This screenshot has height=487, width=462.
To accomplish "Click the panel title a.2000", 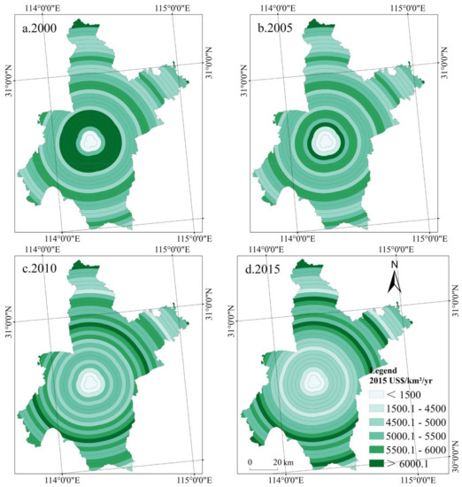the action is pyautogui.click(x=40, y=28).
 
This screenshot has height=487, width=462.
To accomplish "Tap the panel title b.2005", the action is pyautogui.click(x=275, y=28).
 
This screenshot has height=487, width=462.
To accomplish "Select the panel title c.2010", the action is pyautogui.click(x=40, y=268).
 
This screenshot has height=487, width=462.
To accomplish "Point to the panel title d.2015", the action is pyautogui.click(x=263, y=269).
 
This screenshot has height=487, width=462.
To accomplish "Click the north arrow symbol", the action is pyautogui.click(x=395, y=281).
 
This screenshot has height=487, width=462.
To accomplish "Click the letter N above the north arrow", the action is pyautogui.click(x=395, y=265).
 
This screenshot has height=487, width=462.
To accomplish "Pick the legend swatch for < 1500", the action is pyautogui.click(x=376, y=394).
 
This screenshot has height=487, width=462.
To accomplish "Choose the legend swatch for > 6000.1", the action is pyautogui.click(x=376, y=464).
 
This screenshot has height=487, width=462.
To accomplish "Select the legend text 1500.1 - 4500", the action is pyautogui.click(x=416, y=408).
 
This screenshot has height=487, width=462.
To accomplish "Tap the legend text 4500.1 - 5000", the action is pyautogui.click(x=416, y=422).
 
